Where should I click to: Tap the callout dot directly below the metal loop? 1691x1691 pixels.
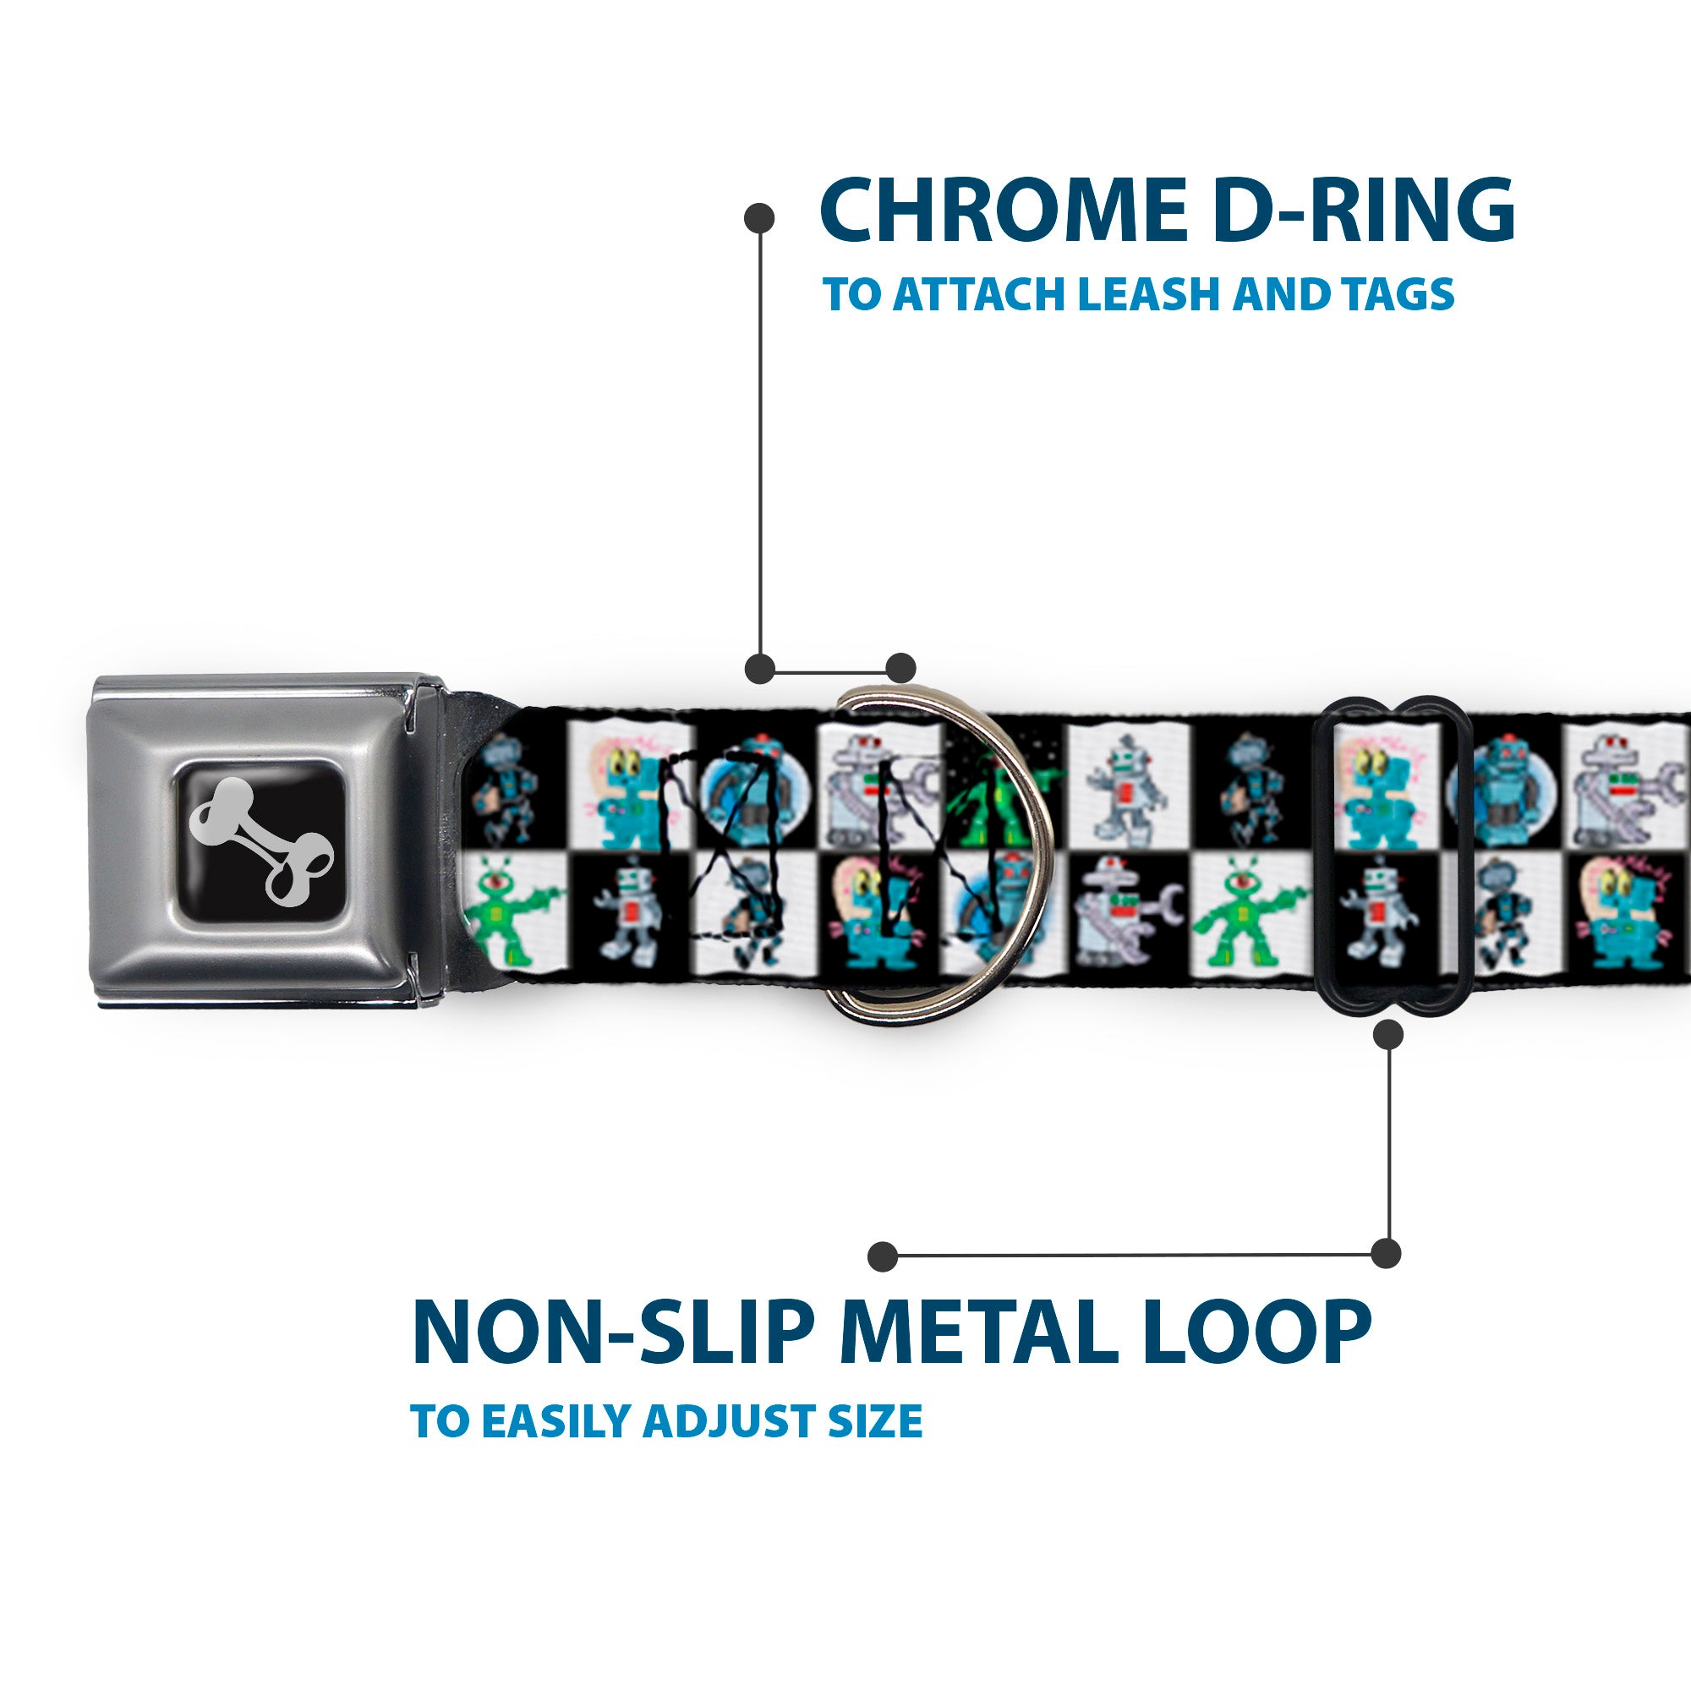(x=1388, y=1036)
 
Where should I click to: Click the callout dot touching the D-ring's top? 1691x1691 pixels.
(x=900, y=668)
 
